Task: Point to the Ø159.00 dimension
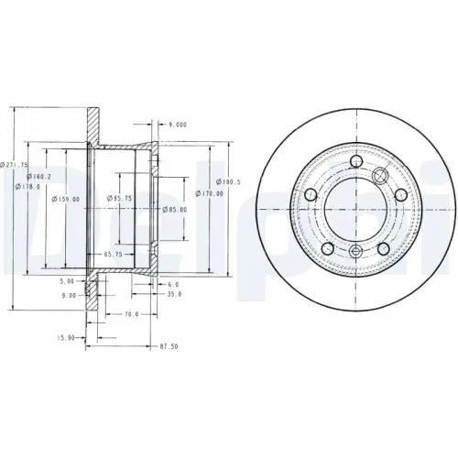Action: pos(65,199)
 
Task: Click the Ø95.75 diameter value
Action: pos(119,198)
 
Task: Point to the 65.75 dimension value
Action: pos(114,252)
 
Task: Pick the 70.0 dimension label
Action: pos(130,314)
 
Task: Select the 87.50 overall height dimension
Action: pos(168,347)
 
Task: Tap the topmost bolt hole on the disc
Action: pos(354,166)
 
